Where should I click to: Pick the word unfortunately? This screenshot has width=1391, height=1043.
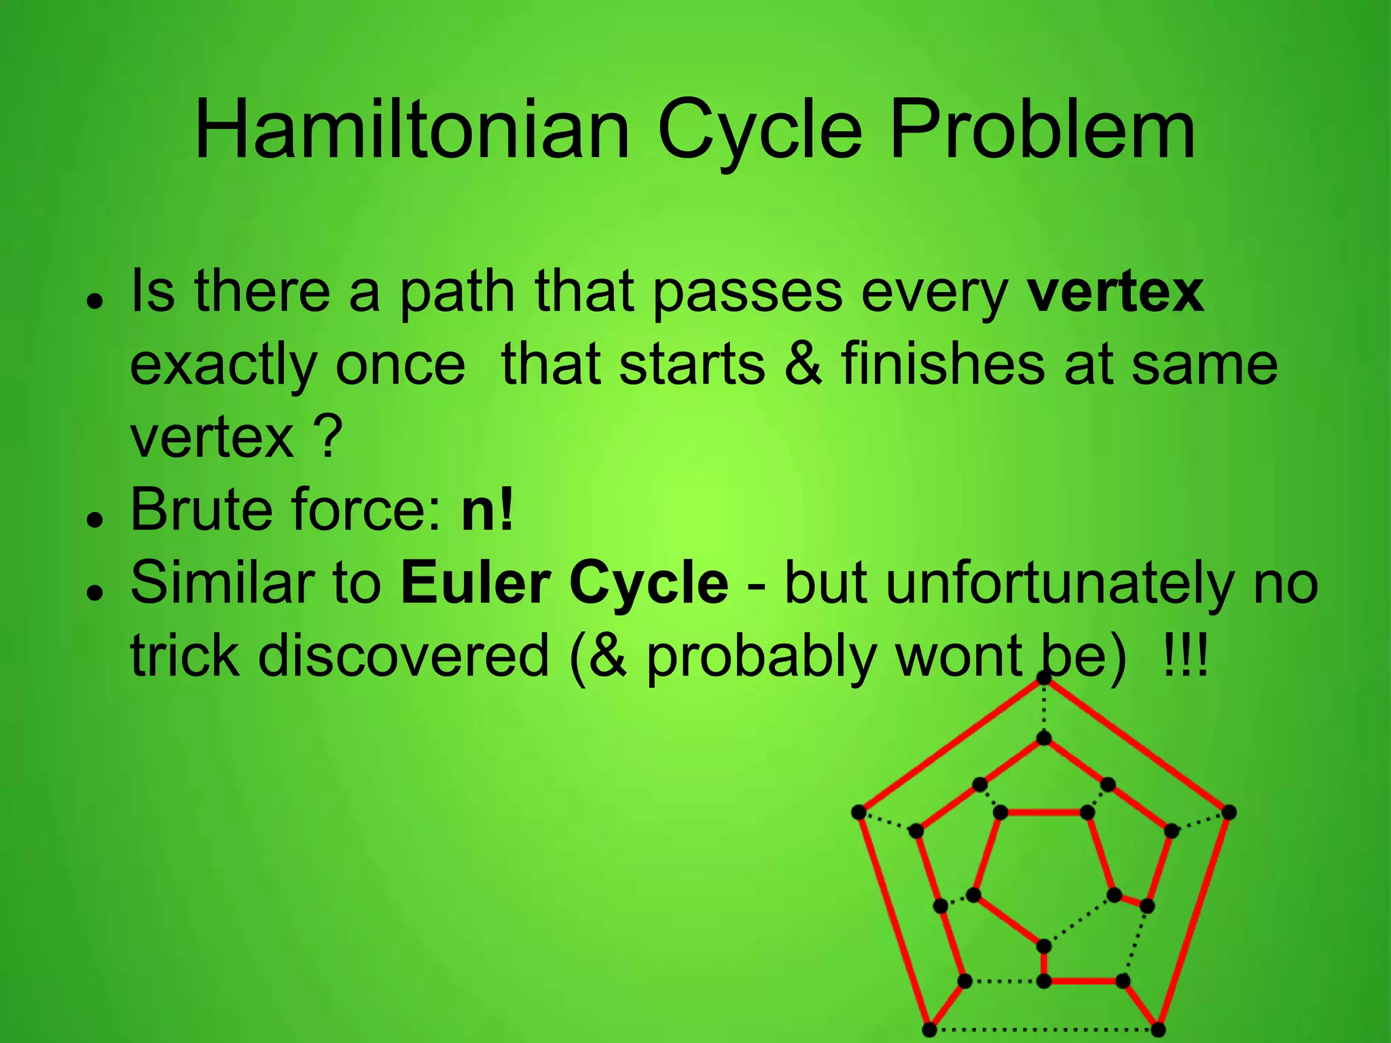click(1009, 584)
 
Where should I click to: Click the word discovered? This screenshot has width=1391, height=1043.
click(403, 656)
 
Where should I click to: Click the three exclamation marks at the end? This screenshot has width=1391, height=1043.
click(1185, 656)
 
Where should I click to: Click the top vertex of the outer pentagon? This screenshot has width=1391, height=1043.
click(1044, 678)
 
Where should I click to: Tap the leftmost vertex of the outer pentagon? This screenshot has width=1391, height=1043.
click(859, 812)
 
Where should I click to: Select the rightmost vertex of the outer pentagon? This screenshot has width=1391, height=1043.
click(1229, 812)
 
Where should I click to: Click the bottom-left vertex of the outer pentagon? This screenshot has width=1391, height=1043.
click(930, 1029)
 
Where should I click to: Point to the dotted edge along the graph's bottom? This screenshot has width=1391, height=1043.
click(1044, 1029)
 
